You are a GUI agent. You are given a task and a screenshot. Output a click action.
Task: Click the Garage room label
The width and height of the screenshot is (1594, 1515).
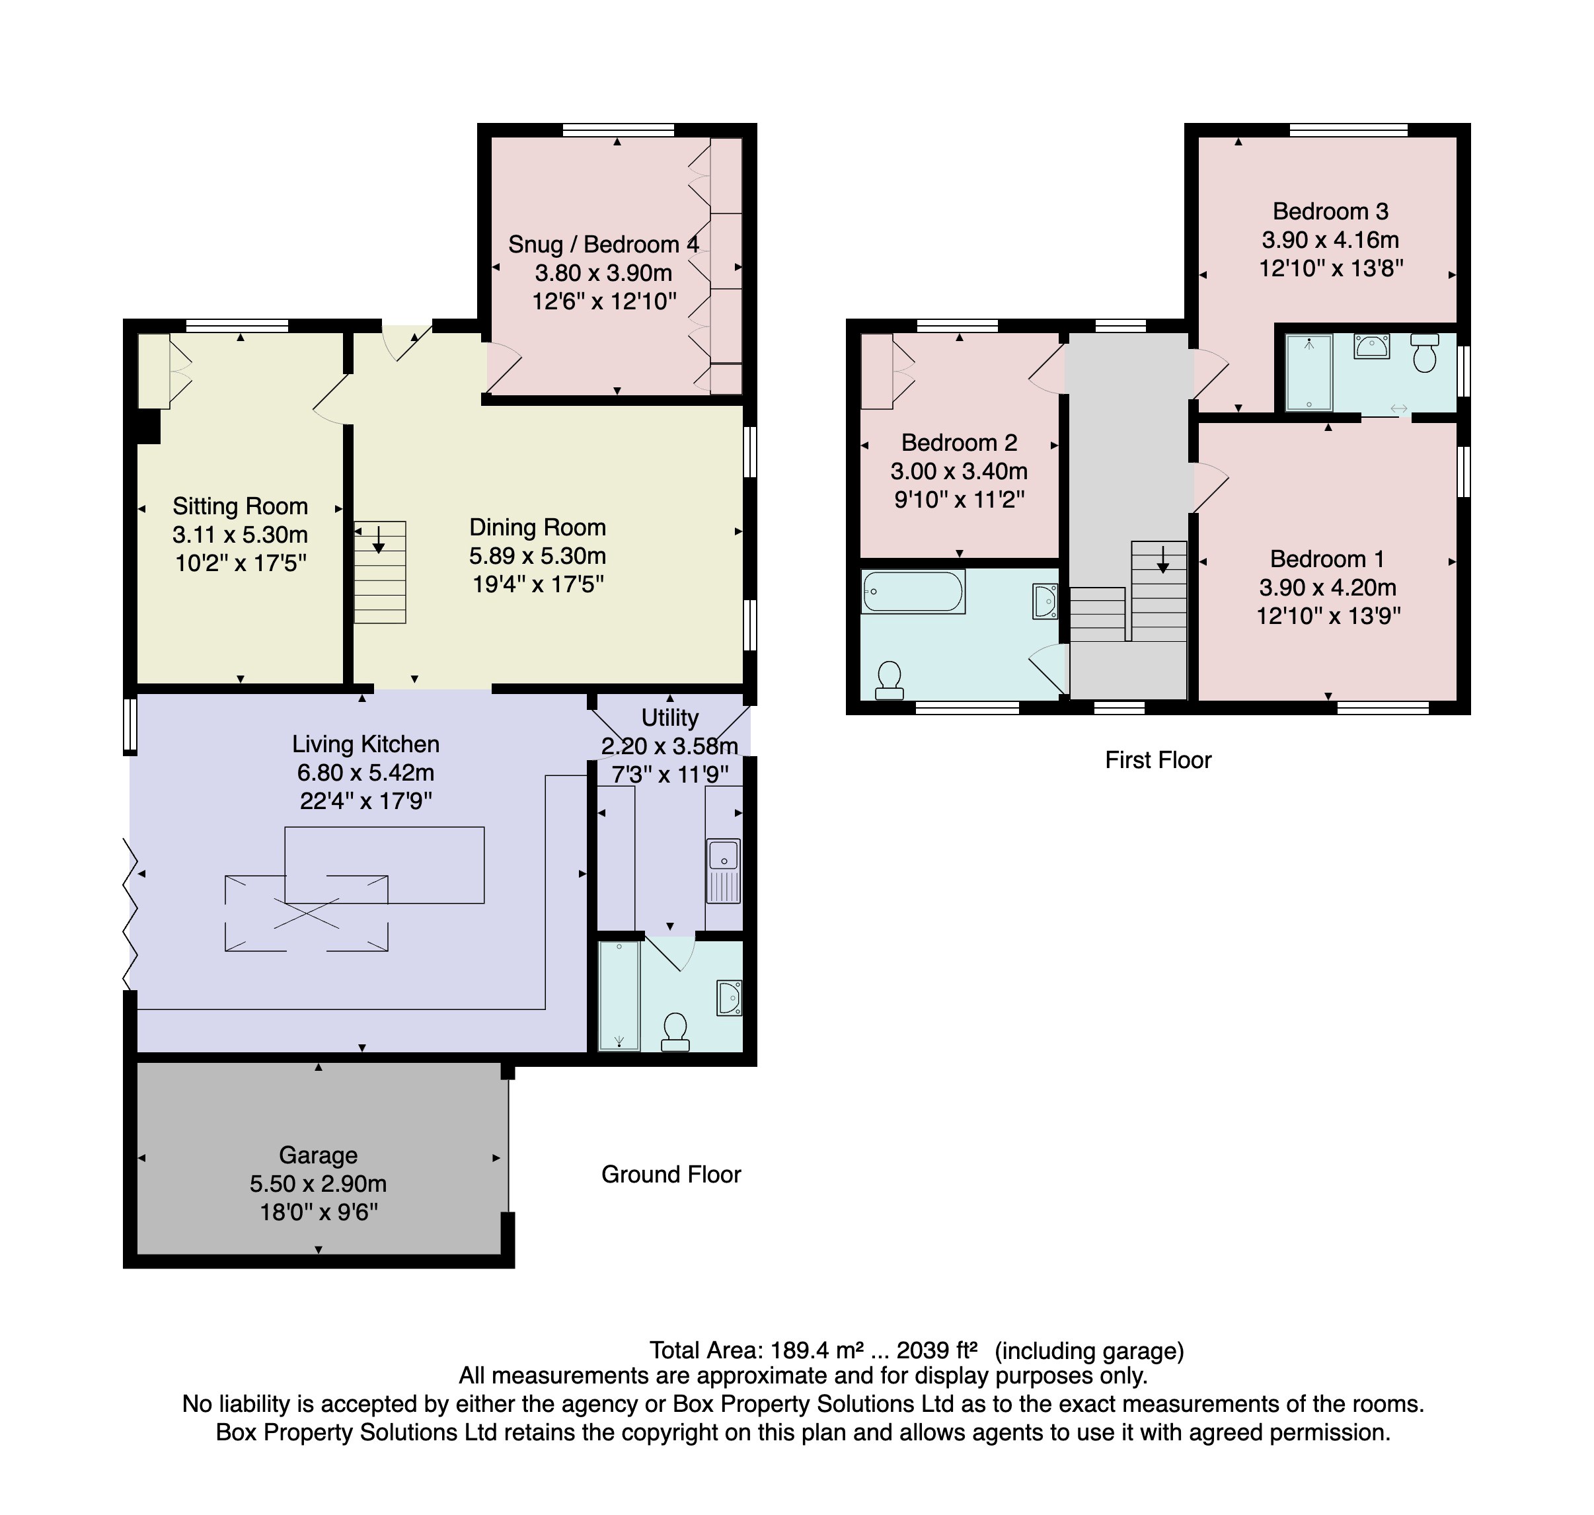click(318, 1155)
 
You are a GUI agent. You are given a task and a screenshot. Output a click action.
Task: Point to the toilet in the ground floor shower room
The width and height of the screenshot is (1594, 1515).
click(675, 1032)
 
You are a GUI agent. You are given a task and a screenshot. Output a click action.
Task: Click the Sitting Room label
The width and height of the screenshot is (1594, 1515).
click(240, 506)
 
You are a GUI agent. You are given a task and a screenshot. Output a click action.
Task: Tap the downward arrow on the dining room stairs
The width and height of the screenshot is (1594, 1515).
click(379, 539)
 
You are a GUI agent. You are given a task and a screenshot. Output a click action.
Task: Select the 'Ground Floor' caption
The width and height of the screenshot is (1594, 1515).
click(670, 1174)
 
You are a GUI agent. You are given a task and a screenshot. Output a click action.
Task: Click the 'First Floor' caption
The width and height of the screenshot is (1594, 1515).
click(1158, 760)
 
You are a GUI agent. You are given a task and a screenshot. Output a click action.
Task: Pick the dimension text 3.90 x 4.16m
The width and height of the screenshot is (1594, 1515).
click(1330, 240)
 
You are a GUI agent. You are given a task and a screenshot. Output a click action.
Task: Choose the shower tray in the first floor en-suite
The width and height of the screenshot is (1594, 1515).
click(1308, 373)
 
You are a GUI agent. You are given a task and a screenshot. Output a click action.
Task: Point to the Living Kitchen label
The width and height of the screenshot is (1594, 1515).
click(366, 744)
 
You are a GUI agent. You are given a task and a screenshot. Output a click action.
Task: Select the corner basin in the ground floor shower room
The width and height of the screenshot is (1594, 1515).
click(729, 997)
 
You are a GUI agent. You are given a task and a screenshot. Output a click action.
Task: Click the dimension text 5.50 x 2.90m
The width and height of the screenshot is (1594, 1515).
click(318, 1184)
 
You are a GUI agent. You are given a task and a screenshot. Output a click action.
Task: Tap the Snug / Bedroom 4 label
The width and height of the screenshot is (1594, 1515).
click(603, 245)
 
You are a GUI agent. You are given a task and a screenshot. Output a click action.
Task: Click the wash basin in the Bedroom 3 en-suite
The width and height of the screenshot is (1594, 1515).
click(1371, 346)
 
